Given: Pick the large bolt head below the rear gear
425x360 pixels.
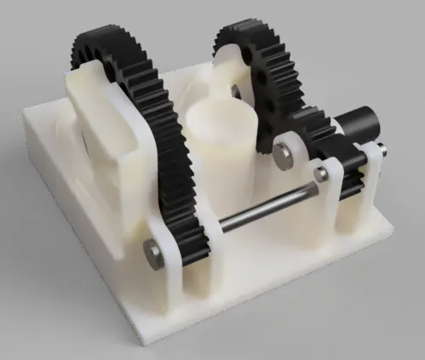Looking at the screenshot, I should (282, 152).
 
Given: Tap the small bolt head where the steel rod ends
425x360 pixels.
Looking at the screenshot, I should (321, 174).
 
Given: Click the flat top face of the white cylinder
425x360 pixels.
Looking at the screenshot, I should (220, 116).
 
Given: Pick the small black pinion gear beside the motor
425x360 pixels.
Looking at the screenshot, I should (328, 136).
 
